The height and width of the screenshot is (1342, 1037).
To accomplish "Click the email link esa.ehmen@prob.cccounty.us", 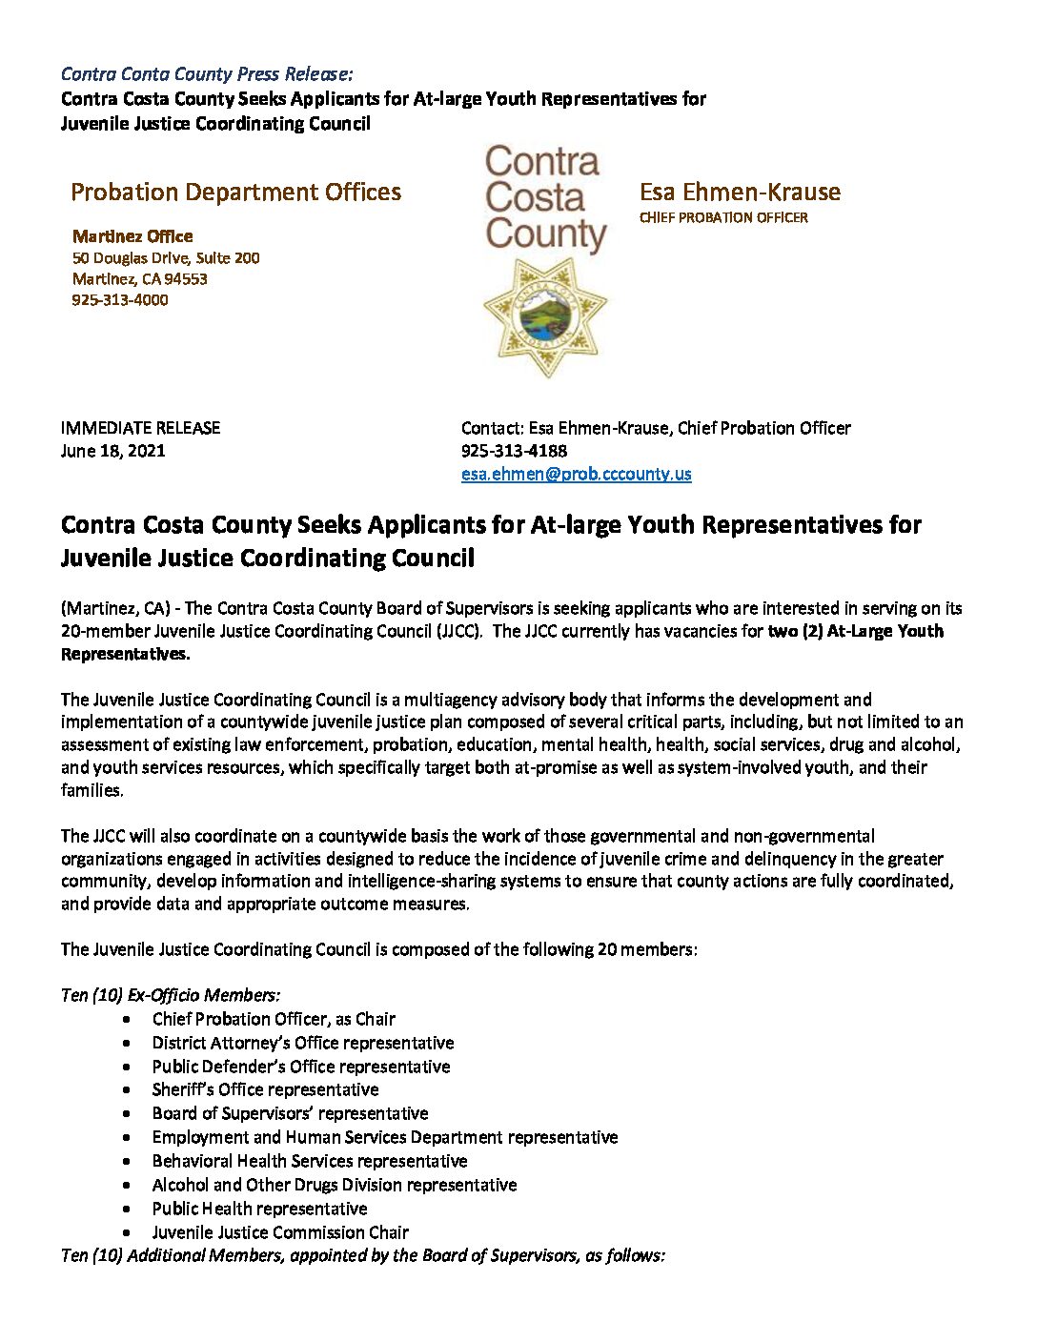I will tap(576, 474).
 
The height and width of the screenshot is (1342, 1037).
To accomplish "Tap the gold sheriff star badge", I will tap(545, 317).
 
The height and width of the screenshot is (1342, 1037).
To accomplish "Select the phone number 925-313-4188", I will tap(514, 451).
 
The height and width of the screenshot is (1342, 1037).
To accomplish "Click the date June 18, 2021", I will tap(112, 451).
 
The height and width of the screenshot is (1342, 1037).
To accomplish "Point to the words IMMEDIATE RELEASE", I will tap(140, 428).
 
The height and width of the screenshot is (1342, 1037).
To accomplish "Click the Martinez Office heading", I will tap(132, 236).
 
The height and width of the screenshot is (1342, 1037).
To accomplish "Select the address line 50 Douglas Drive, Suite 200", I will tap(166, 258).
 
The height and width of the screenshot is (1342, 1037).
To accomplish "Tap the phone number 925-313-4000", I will tap(120, 300).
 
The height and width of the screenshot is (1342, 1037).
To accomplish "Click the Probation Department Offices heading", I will tap(235, 193).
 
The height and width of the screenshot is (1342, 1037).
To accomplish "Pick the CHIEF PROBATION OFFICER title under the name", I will tap(723, 218).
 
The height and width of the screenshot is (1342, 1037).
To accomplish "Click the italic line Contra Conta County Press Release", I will tap(207, 74).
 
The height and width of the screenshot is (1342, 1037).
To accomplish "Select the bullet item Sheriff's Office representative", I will tap(265, 1089).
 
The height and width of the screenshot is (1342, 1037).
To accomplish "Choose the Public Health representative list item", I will tap(259, 1209).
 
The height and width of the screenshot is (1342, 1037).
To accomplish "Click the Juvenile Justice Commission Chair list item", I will tap(280, 1232).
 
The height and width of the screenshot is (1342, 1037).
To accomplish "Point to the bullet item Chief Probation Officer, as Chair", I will tap(274, 1019).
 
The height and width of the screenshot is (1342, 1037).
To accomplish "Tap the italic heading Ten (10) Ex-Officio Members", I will tap(171, 995).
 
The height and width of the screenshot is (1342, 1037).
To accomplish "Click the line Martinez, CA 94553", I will tap(140, 279).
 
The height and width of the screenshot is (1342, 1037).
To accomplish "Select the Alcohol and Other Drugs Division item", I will tap(335, 1185).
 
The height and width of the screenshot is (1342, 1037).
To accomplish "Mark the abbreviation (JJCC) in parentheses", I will tap(457, 631).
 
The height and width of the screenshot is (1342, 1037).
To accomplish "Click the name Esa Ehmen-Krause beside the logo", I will tap(740, 193).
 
